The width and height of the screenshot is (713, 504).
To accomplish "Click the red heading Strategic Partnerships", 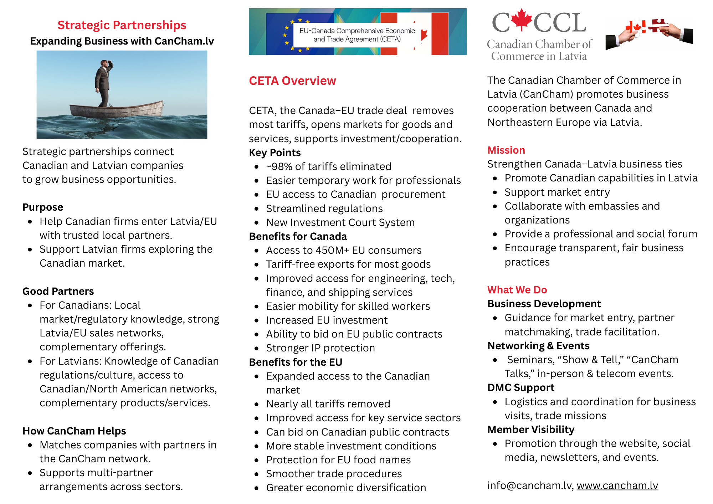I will (x=122, y=25).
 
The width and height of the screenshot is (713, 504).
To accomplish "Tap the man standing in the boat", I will (x=103, y=84).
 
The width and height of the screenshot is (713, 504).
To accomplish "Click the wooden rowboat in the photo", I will (x=116, y=109).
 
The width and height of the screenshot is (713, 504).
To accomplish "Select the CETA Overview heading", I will (x=292, y=81).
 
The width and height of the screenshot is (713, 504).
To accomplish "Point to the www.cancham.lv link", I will (x=617, y=485).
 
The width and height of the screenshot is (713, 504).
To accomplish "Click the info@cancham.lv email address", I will (x=530, y=485).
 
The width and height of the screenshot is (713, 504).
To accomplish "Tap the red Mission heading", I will (x=506, y=150).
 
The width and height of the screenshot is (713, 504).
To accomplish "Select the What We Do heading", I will (x=517, y=290).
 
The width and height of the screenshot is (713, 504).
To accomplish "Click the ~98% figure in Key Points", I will (x=279, y=166).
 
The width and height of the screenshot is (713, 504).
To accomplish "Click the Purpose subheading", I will (x=43, y=207).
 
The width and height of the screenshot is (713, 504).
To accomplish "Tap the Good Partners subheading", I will (x=58, y=291).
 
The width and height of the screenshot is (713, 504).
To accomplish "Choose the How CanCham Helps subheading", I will (x=74, y=431).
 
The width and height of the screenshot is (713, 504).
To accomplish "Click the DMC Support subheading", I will (x=521, y=387).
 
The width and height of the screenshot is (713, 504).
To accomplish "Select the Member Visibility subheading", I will (x=531, y=430).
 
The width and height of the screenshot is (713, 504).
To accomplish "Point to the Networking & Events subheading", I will (x=538, y=346).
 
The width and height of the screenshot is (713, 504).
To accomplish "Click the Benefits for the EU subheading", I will (x=296, y=362).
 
